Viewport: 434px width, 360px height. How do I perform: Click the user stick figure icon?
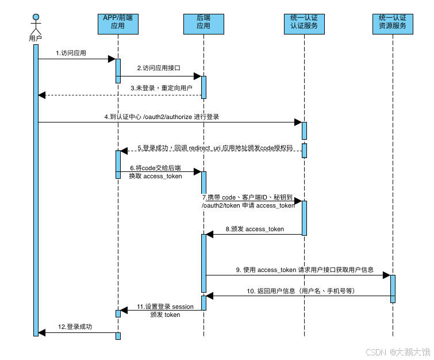[36, 23]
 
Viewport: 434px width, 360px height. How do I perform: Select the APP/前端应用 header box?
[118, 22]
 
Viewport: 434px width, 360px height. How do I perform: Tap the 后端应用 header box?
[203, 22]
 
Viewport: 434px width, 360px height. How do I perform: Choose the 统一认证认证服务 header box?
[304, 22]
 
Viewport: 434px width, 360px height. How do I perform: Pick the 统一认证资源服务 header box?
[393, 22]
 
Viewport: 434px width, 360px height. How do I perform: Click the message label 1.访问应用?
[71, 53]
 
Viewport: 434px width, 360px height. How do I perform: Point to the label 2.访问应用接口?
[159, 68]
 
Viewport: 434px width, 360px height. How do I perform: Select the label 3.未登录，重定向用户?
[161, 88]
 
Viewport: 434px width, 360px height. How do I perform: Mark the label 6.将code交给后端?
[155, 168]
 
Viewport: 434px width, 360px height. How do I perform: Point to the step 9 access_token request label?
[304, 269]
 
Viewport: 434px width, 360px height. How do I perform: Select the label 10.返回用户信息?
[301, 291]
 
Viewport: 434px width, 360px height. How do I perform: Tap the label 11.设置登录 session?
[165, 307]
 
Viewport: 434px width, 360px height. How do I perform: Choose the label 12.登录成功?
[75, 327]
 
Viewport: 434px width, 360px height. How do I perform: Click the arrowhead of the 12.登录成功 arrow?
[41, 332]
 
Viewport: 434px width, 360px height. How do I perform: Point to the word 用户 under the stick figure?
[36, 38]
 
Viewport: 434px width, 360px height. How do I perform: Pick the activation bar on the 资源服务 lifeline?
[393, 289]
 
